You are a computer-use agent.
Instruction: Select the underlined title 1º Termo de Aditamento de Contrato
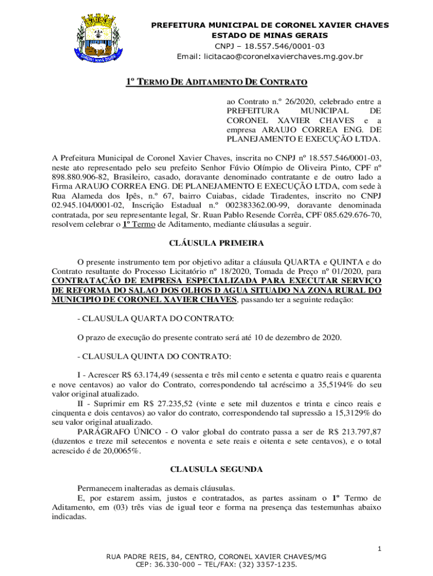tap(216, 83)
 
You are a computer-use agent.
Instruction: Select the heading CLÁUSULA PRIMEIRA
tap(216, 243)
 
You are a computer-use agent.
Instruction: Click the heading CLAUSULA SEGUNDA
tap(216, 468)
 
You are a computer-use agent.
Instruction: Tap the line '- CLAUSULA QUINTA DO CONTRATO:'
tap(154, 356)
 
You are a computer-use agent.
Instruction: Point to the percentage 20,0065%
tap(119, 451)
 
